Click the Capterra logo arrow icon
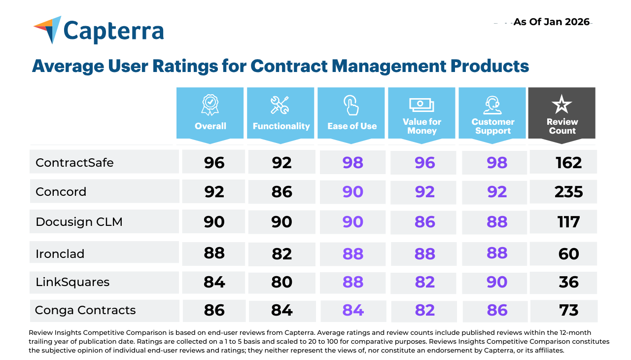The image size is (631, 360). pyautogui.click(x=48, y=28)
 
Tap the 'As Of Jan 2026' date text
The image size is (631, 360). pyautogui.click(x=551, y=22)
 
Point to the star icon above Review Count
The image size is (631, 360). pyautogui.click(x=561, y=104)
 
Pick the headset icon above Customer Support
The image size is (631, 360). pyautogui.click(x=492, y=105)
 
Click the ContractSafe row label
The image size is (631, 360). pyautogui.click(x=74, y=163)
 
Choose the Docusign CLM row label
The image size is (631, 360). pyautogui.click(x=79, y=222)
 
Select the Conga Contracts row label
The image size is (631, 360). pyautogui.click(x=85, y=310)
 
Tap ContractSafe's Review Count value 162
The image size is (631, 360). pyautogui.click(x=569, y=163)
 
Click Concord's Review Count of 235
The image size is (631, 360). pyautogui.click(x=568, y=192)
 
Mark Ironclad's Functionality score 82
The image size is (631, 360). pyautogui.click(x=281, y=254)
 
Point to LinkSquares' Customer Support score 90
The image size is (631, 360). pyautogui.click(x=497, y=282)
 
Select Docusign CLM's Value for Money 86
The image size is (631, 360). pyautogui.click(x=425, y=222)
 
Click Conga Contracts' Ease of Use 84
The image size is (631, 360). pyautogui.click(x=353, y=310)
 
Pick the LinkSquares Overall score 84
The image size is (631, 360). pyautogui.click(x=214, y=282)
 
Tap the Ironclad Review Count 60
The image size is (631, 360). pyautogui.click(x=569, y=254)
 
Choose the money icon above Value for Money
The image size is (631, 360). pyautogui.click(x=421, y=105)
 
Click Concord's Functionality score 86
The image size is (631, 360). pyautogui.click(x=281, y=192)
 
